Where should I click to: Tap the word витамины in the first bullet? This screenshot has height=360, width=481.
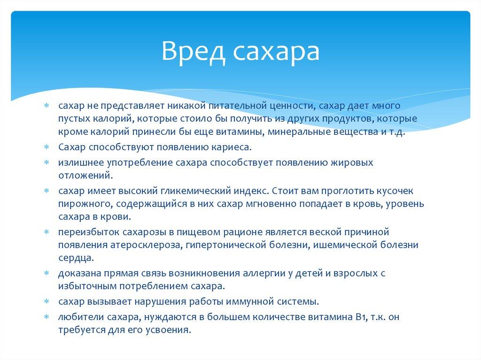pyautogui.click(x=238, y=132)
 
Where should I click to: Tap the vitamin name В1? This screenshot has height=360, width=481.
pyautogui.click(x=360, y=317)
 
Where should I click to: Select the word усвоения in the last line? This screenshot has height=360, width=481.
pyautogui.click(x=171, y=329)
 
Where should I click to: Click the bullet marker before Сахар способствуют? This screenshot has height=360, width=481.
pyautogui.click(x=47, y=147)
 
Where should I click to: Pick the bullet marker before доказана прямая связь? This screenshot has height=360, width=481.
pyautogui.click(x=47, y=273)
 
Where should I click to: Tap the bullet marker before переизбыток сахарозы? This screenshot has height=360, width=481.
pyautogui.click(x=47, y=232)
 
